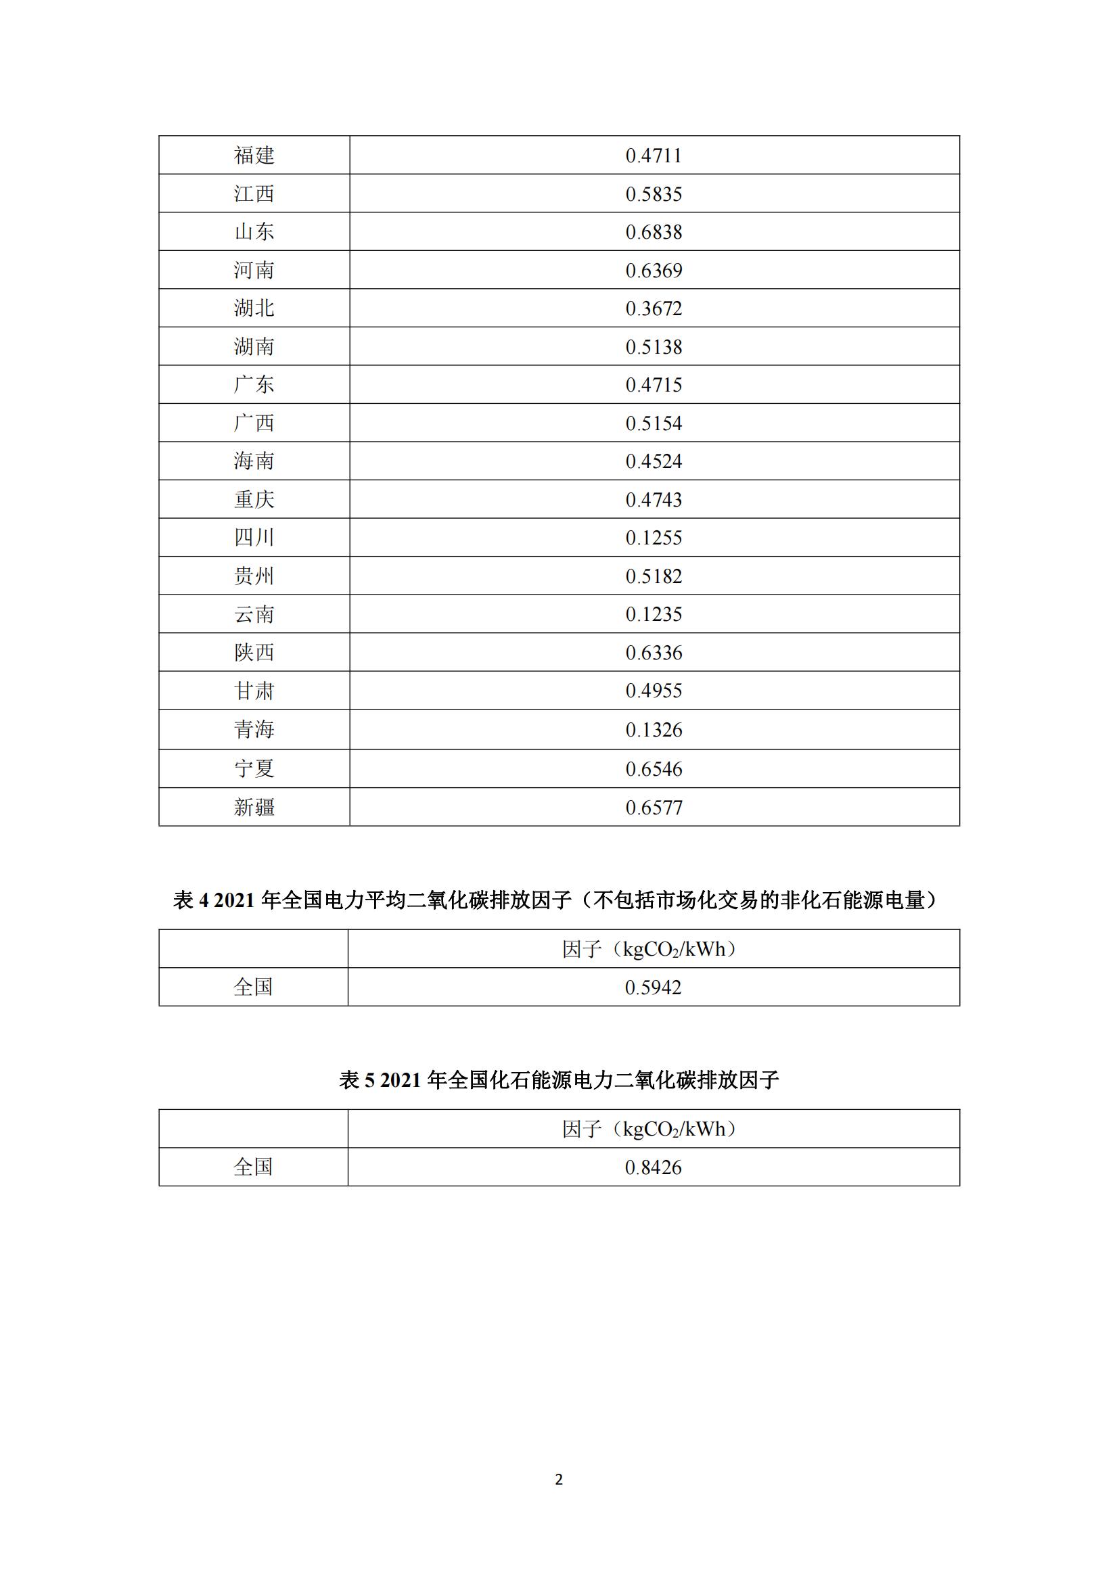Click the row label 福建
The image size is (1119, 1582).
(x=254, y=155)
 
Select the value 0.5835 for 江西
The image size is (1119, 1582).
(x=654, y=193)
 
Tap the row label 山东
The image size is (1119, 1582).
(x=254, y=231)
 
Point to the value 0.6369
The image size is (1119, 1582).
(x=654, y=270)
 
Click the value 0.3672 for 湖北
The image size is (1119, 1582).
(x=654, y=308)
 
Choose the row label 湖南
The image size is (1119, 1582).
(x=254, y=346)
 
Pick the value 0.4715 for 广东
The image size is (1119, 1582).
(x=654, y=384)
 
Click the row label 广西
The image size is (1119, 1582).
(x=254, y=423)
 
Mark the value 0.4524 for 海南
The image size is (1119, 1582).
(x=654, y=461)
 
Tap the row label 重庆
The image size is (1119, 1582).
(x=254, y=500)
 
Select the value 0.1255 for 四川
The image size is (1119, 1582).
(x=654, y=538)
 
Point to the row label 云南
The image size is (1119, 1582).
(x=254, y=614)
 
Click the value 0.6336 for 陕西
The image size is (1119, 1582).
(x=654, y=653)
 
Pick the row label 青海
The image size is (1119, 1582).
(x=254, y=729)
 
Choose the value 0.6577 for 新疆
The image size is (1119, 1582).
(x=654, y=807)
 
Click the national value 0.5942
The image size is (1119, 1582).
(x=652, y=987)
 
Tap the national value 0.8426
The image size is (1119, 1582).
(x=652, y=1167)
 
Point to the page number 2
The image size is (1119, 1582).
(x=559, y=1479)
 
